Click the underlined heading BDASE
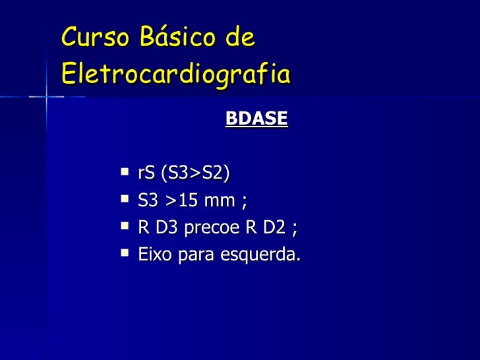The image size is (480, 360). [x=256, y=119]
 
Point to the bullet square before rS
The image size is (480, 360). [x=125, y=173]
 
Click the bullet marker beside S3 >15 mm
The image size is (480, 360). [x=125, y=200]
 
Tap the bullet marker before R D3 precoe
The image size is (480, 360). [x=125, y=226]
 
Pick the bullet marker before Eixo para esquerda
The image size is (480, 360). [x=125, y=253]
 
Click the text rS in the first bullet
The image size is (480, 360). [x=146, y=174]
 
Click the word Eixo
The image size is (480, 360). [x=154, y=255]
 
